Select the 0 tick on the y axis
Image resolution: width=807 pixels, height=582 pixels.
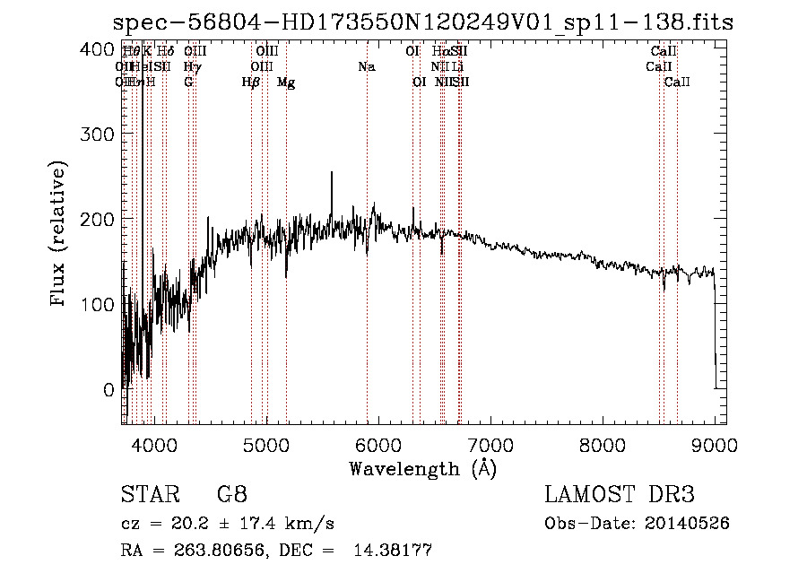pos(108,389)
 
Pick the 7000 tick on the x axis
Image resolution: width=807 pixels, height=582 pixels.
pos(490,444)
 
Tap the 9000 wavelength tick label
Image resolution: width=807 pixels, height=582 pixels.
pos(715,444)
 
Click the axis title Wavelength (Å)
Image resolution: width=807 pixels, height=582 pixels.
pos(422,468)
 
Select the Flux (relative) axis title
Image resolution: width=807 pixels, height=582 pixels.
pos(59,234)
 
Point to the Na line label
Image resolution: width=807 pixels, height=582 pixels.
pos(366,66)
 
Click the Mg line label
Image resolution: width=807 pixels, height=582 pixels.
pos(286,83)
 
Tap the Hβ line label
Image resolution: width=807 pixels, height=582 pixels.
pos(251,82)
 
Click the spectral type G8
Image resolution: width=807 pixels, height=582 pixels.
pos(231,494)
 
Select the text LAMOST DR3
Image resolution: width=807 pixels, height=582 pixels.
pos(620,494)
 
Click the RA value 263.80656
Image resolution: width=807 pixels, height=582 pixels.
pos(216,551)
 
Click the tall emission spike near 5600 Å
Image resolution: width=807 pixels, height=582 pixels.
pos(332,175)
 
